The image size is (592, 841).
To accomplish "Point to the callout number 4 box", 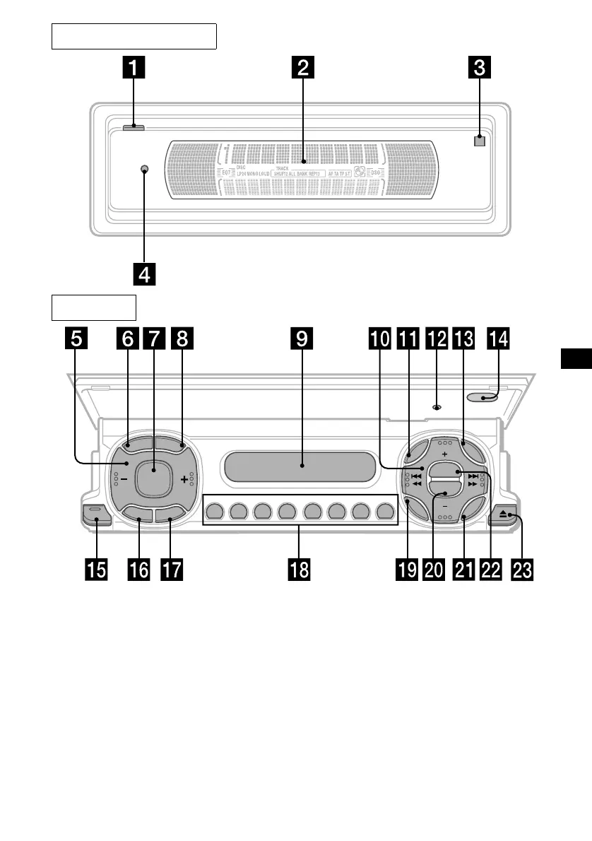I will (144, 274).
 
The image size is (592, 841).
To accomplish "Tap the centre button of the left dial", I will (153, 478).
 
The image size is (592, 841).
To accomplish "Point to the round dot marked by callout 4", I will (144, 170).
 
